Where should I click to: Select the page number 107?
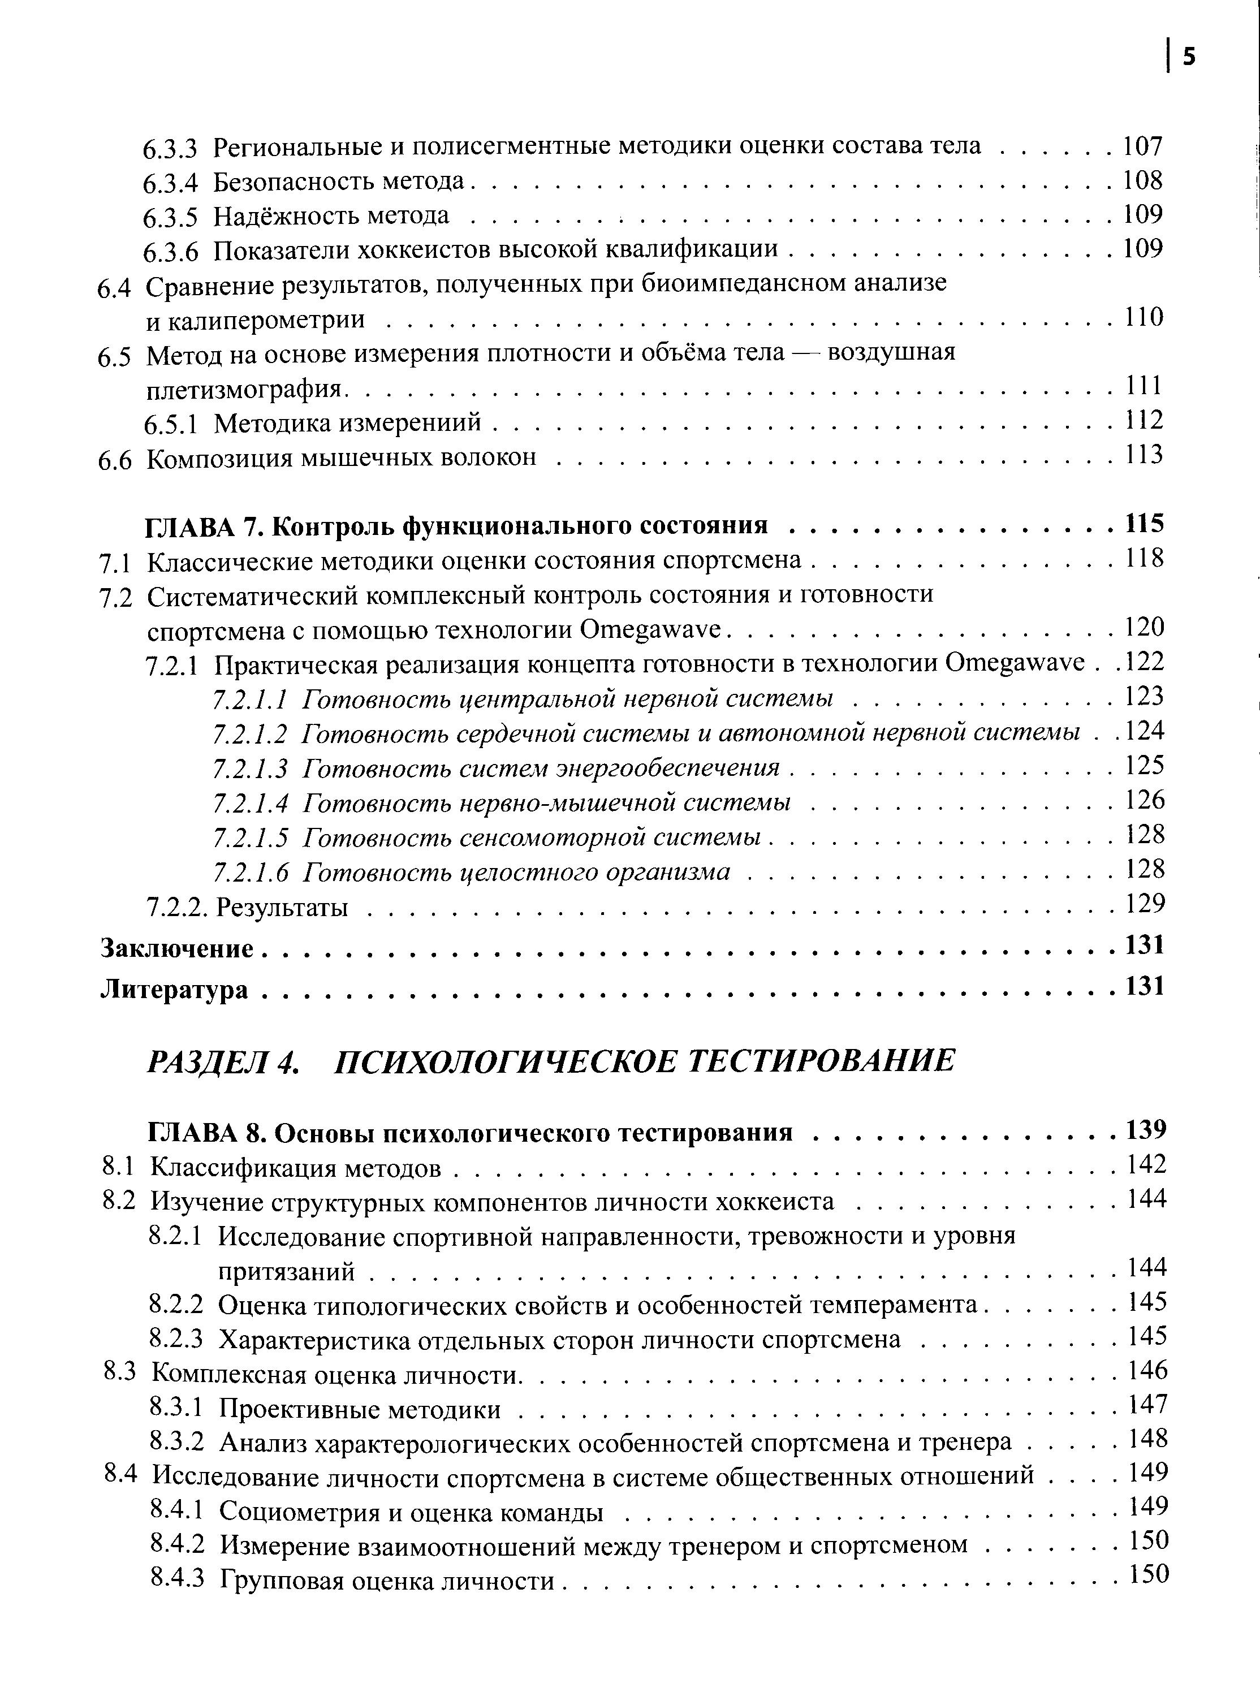coord(1142,145)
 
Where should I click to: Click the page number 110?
coord(1144,317)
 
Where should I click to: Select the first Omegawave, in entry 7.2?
coord(650,631)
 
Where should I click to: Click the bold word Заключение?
coord(177,949)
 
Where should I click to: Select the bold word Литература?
coord(175,990)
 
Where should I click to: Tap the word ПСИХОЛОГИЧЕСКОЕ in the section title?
coord(504,1060)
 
